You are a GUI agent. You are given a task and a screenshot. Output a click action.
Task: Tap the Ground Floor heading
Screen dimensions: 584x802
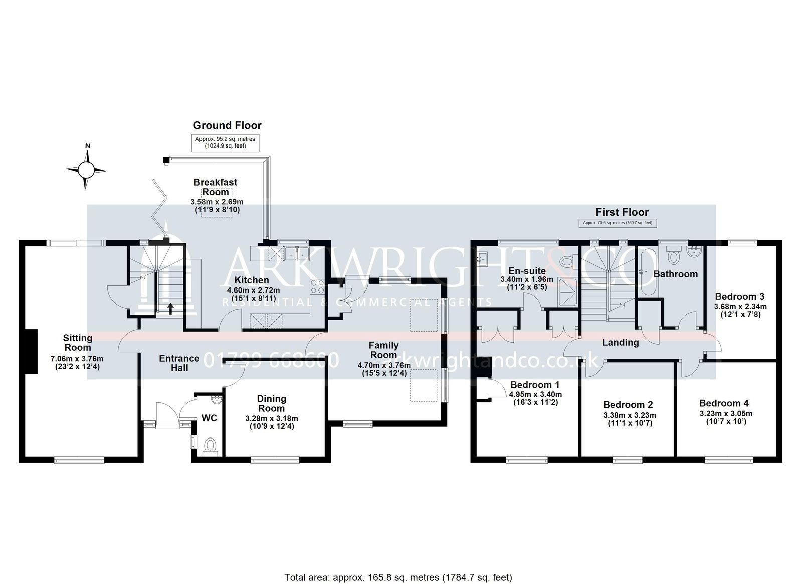point(227,125)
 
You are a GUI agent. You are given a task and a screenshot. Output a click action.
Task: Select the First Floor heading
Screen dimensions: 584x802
point(622,212)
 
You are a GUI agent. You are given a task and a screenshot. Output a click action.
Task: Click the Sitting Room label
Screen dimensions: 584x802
point(77,343)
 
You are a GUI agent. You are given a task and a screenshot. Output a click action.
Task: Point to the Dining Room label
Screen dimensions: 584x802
point(271,403)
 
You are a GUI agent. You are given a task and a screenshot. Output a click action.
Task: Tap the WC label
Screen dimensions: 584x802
point(209,418)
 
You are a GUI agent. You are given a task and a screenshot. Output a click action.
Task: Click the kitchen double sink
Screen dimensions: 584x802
point(296,254)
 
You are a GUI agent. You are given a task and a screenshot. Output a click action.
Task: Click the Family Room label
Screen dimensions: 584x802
point(383,350)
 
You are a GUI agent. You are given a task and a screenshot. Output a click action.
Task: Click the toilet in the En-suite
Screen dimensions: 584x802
point(568,261)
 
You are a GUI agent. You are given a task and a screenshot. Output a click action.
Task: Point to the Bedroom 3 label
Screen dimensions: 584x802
point(739,296)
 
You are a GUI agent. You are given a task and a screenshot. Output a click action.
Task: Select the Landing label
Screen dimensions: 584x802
point(620,342)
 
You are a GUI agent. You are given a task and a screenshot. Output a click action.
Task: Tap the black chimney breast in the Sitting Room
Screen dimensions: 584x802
point(31,351)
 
